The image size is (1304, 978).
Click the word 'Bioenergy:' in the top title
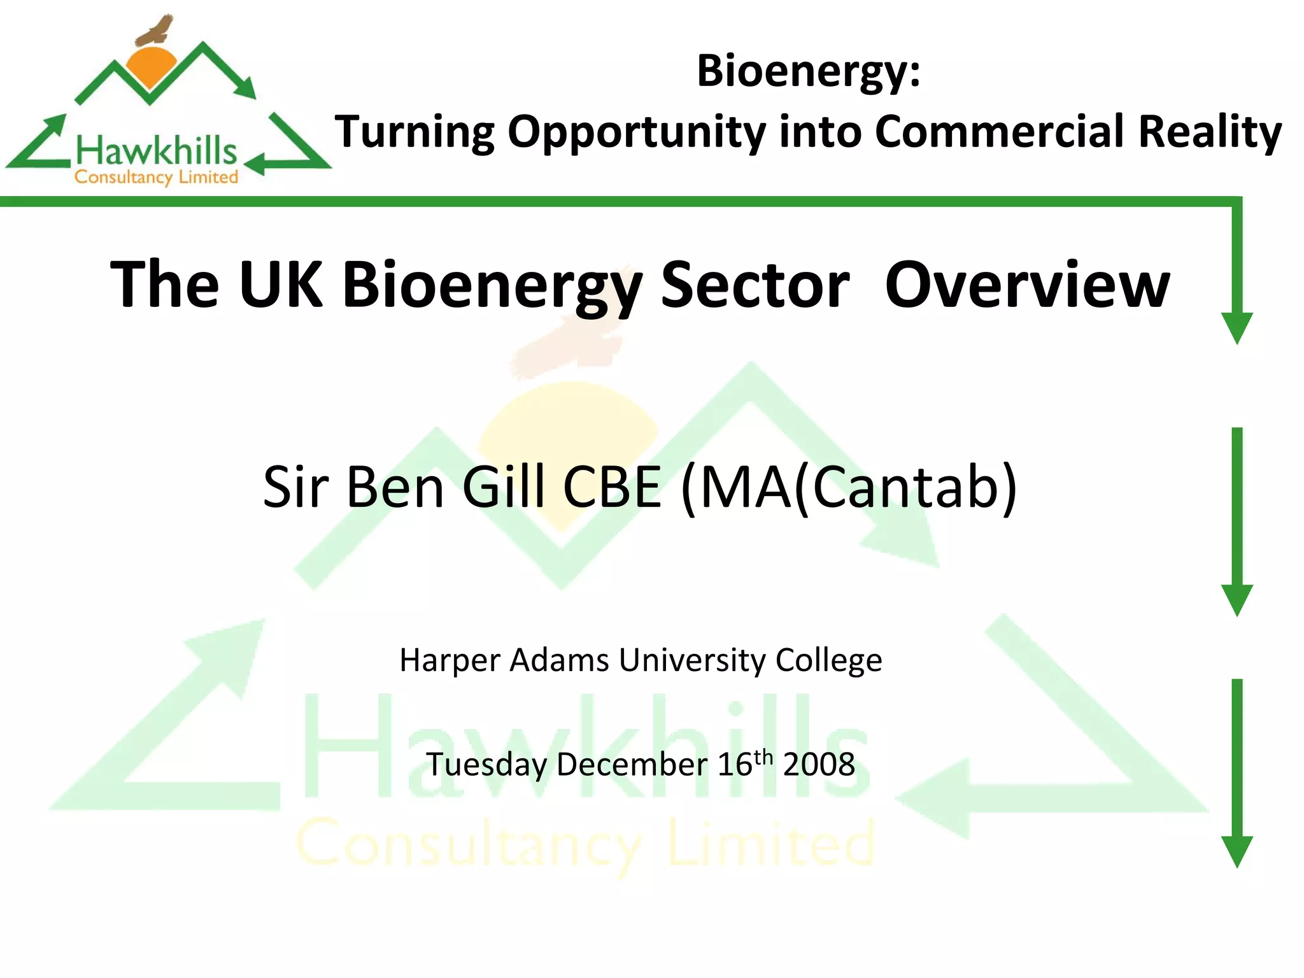(808, 71)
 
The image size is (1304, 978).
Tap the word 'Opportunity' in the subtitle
(636, 132)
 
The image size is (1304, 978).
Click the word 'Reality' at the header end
(1210, 132)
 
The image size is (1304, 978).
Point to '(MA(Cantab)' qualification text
(849, 488)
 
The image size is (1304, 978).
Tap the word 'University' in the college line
(691, 660)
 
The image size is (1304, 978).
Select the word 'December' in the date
(632, 764)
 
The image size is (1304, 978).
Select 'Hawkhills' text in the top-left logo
(156, 152)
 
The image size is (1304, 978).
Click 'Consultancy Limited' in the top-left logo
(156, 177)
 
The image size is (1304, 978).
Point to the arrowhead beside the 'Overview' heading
(1237, 327)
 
